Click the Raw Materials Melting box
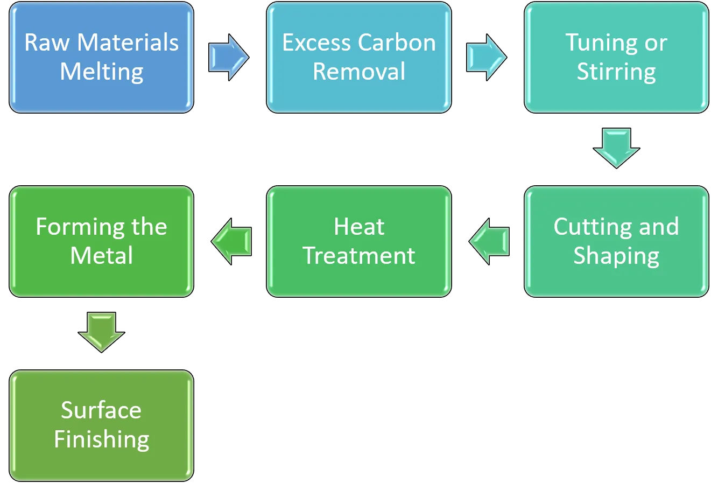click(101, 58)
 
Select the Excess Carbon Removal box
click(359, 58)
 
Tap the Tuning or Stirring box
click(616, 58)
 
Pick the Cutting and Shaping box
click(616, 241)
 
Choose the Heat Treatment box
click(359, 241)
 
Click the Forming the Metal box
click(101, 241)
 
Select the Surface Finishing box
click(101, 425)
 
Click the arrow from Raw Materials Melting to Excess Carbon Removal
click(229, 58)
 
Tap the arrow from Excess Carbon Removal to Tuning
click(487, 58)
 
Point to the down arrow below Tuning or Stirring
click(616, 148)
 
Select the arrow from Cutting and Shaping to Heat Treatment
click(489, 241)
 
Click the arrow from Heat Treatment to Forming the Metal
click(231, 241)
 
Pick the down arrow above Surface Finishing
click(101, 333)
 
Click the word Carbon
click(397, 43)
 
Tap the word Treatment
click(359, 256)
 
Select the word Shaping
click(616, 256)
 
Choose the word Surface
click(101, 410)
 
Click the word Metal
click(101, 256)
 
